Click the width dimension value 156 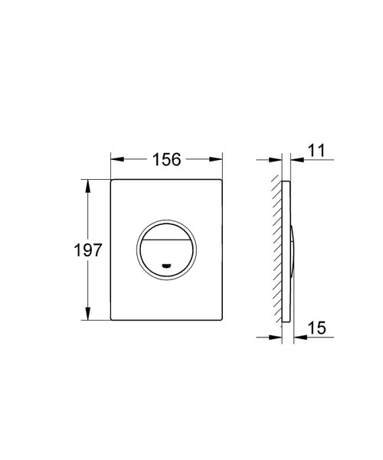click(167, 159)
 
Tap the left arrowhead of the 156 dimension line click(116, 160)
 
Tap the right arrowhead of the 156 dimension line click(218, 160)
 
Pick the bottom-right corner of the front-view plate click(221, 320)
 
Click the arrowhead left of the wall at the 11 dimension click(277, 160)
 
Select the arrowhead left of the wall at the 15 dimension click(277, 337)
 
